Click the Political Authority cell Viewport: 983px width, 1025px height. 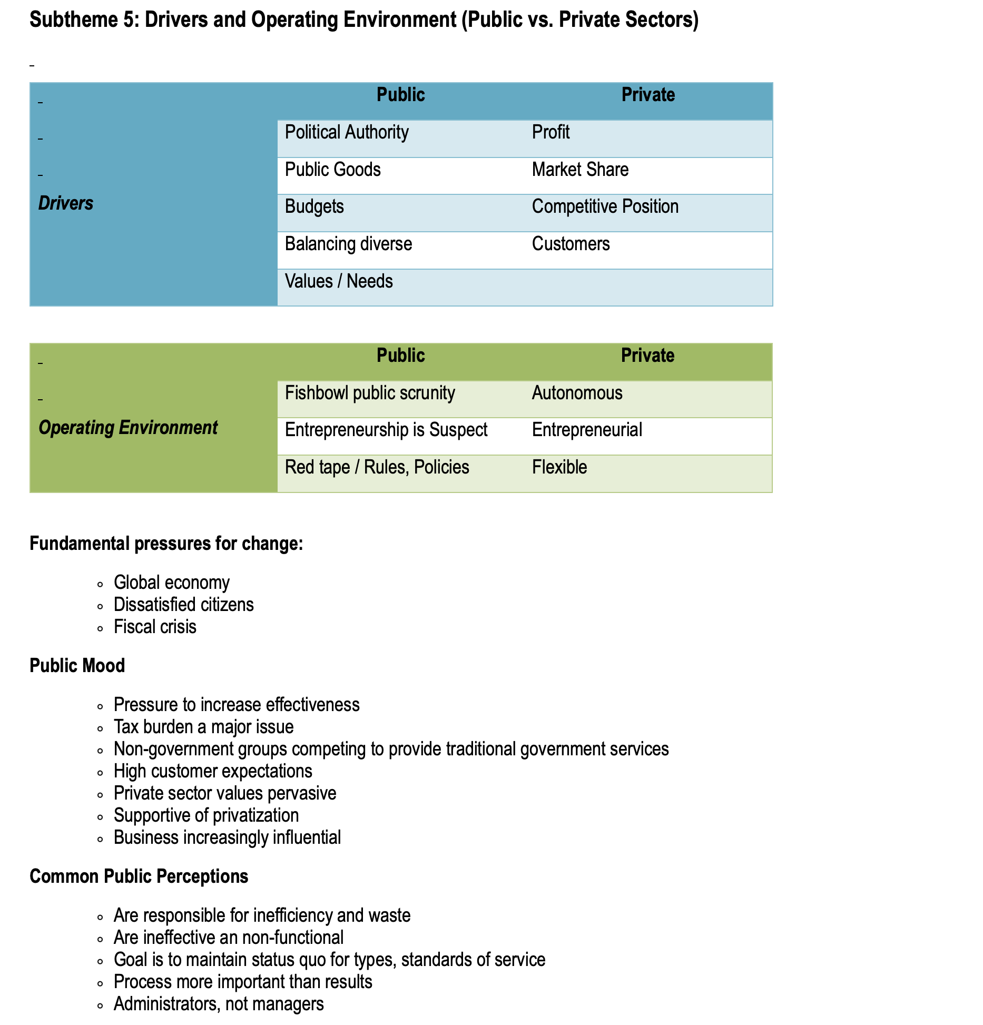(x=347, y=132)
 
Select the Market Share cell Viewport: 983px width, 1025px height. (x=580, y=170)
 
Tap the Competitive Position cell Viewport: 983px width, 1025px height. (x=605, y=206)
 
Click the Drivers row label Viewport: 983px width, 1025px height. (x=66, y=203)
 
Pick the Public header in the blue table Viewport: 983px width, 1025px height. (x=400, y=95)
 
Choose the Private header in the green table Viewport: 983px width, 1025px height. (x=647, y=356)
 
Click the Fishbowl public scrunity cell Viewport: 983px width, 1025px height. (x=370, y=393)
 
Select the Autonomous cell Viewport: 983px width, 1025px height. (x=577, y=393)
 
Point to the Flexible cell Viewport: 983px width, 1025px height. (x=559, y=467)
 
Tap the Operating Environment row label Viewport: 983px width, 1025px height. (x=128, y=428)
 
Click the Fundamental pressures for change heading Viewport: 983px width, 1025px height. (x=166, y=544)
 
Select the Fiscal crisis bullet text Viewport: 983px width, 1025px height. (x=155, y=627)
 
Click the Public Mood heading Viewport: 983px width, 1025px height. (x=77, y=666)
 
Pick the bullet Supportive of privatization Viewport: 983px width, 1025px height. (x=206, y=815)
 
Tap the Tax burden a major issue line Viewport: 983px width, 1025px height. (x=203, y=727)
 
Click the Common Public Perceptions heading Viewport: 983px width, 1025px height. (x=139, y=876)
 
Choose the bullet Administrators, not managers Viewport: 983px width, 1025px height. (x=219, y=1004)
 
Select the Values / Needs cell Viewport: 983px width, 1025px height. (x=339, y=281)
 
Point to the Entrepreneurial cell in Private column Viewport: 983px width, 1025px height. (x=587, y=430)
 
